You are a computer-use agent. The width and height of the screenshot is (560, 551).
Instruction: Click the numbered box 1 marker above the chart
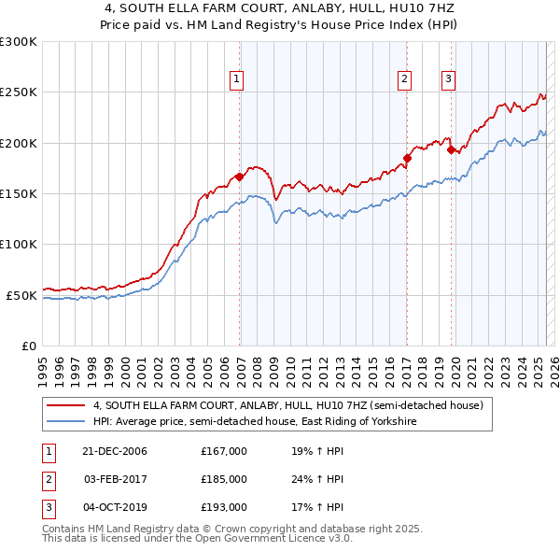point(238,79)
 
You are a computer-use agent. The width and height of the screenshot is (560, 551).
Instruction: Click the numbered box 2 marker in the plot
point(405,79)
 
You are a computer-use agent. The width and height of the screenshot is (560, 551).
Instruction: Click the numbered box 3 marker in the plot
point(448,79)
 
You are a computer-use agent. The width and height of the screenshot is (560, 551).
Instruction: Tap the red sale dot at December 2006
point(240,177)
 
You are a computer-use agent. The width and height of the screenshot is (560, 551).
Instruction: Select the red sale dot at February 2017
point(407,158)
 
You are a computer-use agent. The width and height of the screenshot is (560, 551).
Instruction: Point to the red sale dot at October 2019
point(451,149)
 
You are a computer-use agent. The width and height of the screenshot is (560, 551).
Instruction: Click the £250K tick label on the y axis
point(19,92)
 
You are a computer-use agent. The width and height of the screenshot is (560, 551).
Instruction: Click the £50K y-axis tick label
point(22,295)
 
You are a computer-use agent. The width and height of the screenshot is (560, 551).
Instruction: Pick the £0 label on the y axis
point(30,346)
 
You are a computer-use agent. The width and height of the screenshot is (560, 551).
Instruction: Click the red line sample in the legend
point(65,406)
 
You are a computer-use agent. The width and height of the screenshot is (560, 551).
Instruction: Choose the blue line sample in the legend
point(65,422)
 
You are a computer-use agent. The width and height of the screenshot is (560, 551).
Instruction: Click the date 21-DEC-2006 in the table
point(114,451)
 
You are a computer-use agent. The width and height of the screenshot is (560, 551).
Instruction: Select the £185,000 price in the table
point(224,479)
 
